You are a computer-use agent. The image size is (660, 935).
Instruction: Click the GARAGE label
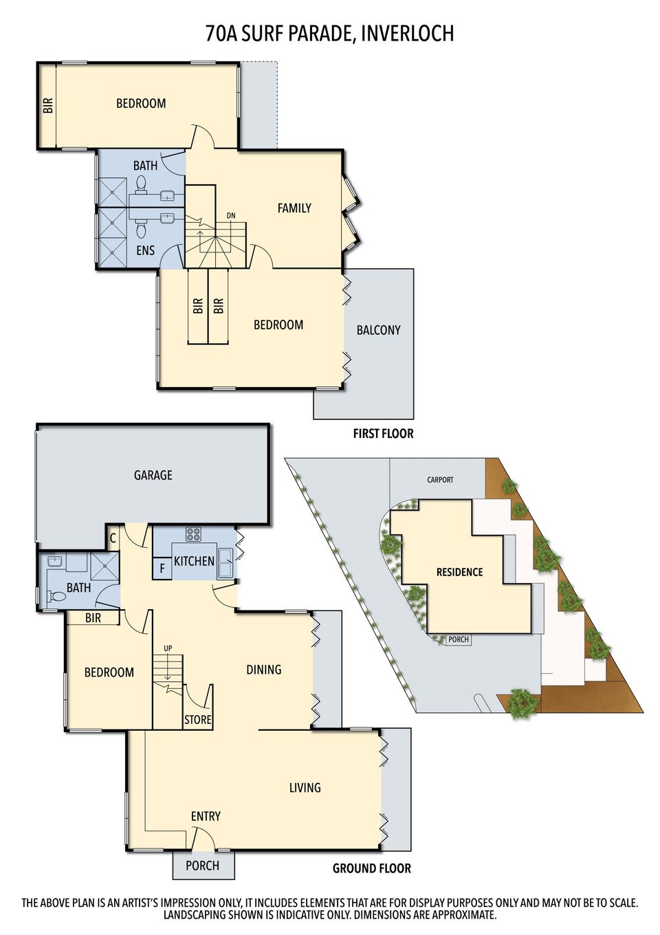point(153,475)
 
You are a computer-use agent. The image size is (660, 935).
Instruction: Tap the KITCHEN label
point(194,561)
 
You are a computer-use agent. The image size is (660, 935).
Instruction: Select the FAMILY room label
point(294,208)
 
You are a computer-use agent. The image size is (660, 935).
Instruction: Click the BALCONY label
point(378,330)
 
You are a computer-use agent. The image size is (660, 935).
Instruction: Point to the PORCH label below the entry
point(202,866)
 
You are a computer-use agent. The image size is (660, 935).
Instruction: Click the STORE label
point(197,720)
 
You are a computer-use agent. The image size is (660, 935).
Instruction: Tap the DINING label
point(263,670)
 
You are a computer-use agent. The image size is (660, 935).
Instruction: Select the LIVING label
point(305,788)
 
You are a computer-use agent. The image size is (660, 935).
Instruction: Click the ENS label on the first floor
point(145,250)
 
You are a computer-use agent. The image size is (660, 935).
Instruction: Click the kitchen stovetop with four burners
point(193,533)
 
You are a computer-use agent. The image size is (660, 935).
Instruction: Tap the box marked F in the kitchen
point(162,569)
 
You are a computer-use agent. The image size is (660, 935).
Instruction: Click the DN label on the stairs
point(231,215)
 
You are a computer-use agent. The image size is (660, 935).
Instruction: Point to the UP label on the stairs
point(168,648)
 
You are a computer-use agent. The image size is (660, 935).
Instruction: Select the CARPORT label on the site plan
point(440,480)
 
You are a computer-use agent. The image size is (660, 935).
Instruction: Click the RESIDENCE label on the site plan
point(459,572)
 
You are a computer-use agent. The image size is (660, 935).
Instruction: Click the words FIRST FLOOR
point(383,434)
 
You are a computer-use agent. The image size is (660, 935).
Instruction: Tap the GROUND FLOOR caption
point(371,868)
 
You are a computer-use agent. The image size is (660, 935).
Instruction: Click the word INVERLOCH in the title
point(407,33)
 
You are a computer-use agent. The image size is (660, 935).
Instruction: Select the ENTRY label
point(206,816)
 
